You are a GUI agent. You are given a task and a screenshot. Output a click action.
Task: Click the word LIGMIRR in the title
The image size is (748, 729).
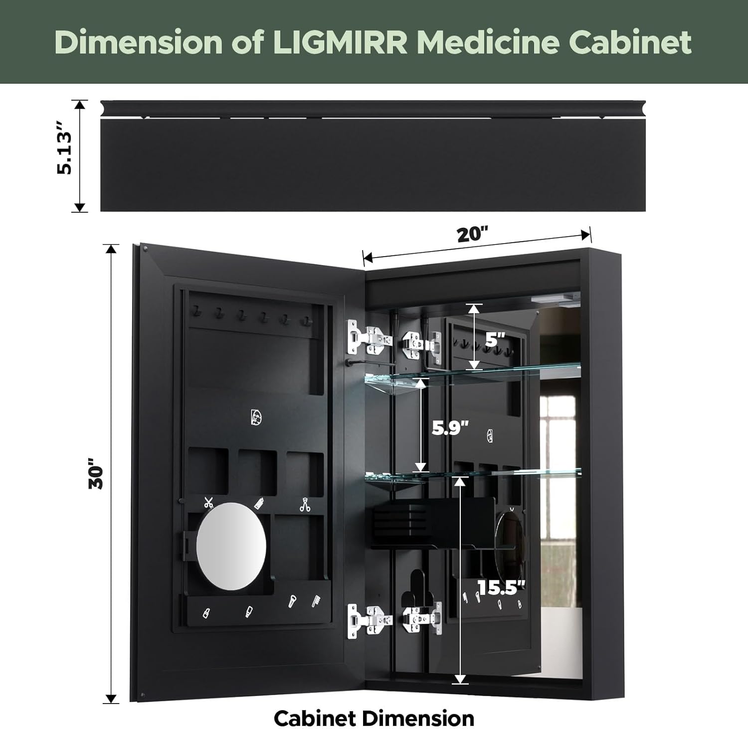click(340, 42)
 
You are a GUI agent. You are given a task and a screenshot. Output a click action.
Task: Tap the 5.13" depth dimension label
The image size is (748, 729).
click(65, 153)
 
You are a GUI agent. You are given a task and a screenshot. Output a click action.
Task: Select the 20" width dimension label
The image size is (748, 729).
click(472, 234)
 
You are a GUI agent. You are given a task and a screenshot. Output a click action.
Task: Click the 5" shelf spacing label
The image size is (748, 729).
click(495, 340)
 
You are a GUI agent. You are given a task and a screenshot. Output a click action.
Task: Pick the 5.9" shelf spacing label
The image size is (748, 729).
click(450, 428)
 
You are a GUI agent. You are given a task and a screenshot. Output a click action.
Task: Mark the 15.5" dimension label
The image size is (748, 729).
click(501, 588)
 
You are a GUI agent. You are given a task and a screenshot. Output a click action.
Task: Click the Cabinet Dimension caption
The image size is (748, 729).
click(374, 718)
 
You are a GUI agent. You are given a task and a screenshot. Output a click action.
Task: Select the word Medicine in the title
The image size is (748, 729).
click(488, 42)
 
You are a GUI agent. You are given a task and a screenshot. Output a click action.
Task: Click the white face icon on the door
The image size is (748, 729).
click(256, 417)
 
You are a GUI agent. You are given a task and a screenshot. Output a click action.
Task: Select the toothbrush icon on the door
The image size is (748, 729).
click(316, 600)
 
